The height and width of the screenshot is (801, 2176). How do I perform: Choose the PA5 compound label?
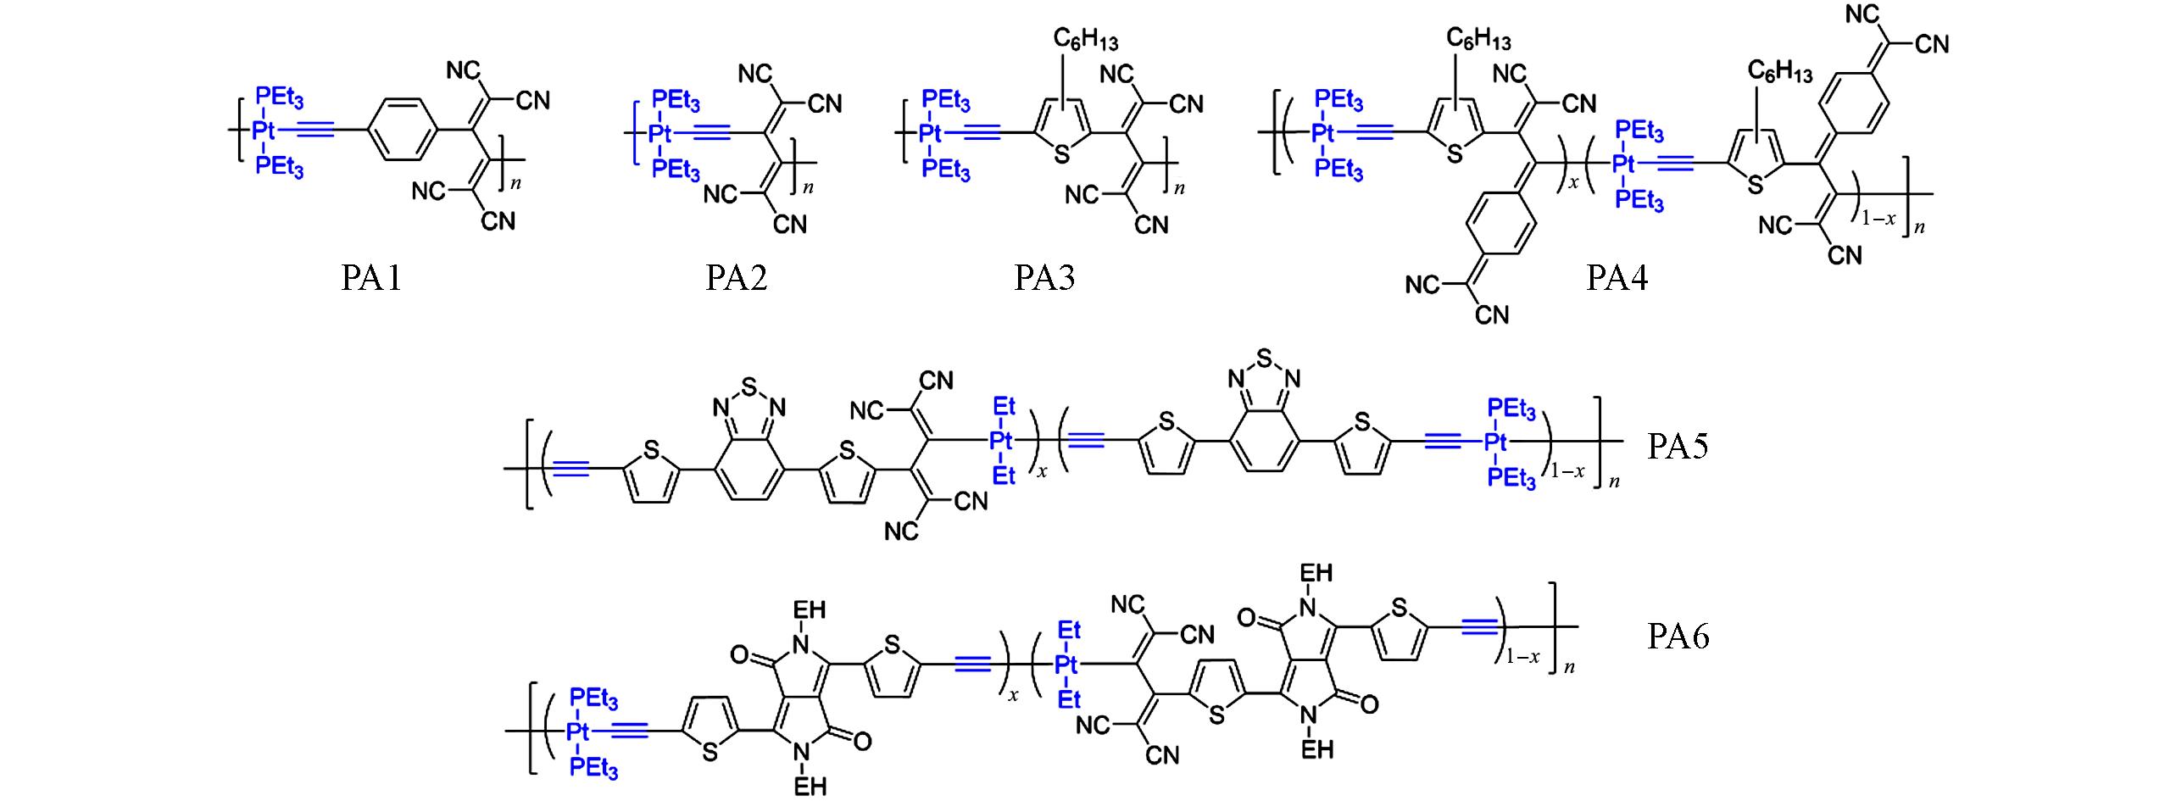[x=1678, y=446]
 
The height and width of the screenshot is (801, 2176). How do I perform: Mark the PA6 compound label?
[x=1678, y=636]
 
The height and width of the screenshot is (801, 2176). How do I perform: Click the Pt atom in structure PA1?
[x=264, y=131]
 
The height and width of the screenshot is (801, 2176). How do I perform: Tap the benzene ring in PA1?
[x=402, y=131]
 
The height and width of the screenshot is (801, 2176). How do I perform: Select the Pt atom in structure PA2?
[x=659, y=132]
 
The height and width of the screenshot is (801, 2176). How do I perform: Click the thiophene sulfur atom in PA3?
[x=1060, y=156]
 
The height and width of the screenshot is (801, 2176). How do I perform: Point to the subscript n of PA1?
[x=515, y=182]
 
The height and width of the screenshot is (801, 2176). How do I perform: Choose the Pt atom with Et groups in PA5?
[x=1002, y=441]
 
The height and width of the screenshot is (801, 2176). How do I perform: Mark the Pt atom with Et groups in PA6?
[x=1069, y=665]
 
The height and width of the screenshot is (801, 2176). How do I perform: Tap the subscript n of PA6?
[x=1569, y=667]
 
